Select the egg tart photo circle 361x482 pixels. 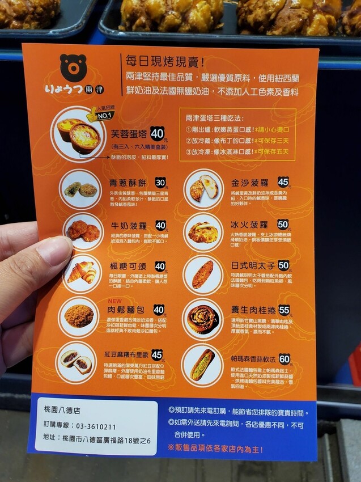click(x=80, y=134)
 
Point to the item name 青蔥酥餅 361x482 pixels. click(x=129, y=183)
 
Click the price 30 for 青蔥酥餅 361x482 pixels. click(x=161, y=182)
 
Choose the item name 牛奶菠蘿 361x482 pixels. click(x=129, y=225)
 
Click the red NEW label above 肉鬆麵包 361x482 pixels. click(x=115, y=301)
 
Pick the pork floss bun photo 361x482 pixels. click(x=79, y=316)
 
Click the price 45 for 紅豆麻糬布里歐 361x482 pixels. click(x=157, y=355)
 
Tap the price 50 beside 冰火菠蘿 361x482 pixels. click(x=283, y=225)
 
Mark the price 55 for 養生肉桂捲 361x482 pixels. click(x=284, y=310)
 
